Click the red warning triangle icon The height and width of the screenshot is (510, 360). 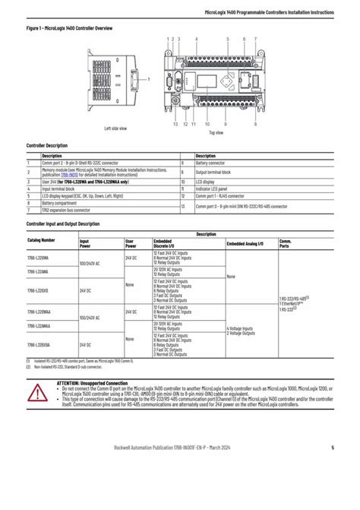(x=36, y=393)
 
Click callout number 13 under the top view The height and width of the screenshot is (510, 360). (x=175, y=123)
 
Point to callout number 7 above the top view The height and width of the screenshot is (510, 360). (x=255, y=38)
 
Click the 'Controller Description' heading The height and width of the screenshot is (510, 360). (x=47, y=145)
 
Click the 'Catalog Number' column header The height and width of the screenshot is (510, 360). (x=42, y=239)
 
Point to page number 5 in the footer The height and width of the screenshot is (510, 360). (x=333, y=468)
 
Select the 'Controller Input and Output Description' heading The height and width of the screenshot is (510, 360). (x=63, y=224)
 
